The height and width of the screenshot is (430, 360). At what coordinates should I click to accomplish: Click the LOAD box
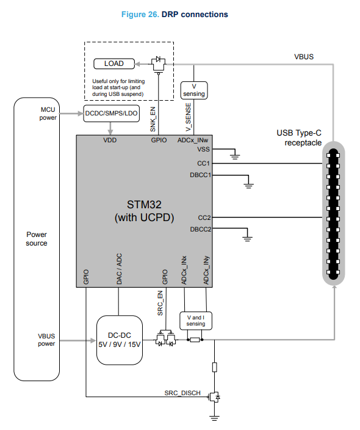[x=114, y=64]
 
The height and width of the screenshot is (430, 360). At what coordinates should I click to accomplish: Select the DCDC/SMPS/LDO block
[x=111, y=114]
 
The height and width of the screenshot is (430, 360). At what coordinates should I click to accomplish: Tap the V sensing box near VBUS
[x=194, y=90]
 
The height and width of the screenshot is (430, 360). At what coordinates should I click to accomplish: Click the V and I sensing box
[x=196, y=321]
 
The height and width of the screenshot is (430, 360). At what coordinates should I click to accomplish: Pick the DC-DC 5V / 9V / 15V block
[x=120, y=340]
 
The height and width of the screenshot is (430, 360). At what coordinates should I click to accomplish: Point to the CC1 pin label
[x=203, y=164]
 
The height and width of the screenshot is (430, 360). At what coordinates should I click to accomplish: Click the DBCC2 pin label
[x=201, y=229]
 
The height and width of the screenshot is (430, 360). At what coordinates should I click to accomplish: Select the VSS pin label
[x=203, y=150]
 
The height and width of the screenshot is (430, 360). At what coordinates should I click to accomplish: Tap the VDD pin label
[x=110, y=140]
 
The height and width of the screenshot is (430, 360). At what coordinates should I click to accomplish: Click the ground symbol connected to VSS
[x=235, y=157]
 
